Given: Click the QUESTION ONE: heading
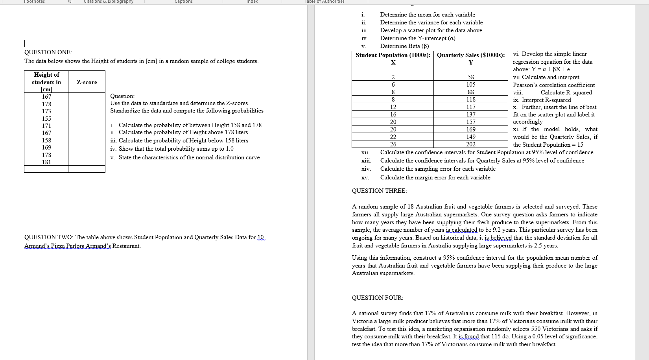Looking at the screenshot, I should click(x=48, y=52).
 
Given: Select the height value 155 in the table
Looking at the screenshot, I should click(x=46, y=118).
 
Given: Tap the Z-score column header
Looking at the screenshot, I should click(x=87, y=82).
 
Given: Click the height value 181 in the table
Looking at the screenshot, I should click(x=46, y=162).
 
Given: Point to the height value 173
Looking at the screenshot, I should click(x=46, y=111).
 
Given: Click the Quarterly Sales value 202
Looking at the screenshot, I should click(x=470, y=144).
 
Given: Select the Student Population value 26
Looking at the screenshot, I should click(x=393, y=144).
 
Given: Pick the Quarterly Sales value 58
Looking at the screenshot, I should click(x=470, y=77).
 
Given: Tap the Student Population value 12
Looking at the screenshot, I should click(x=393, y=107).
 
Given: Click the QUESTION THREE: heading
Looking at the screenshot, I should click(x=379, y=191).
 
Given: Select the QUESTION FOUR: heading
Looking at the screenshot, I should click(x=378, y=298).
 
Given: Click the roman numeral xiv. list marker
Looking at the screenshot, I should click(x=366, y=169).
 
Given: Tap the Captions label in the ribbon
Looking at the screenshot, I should click(x=184, y=2).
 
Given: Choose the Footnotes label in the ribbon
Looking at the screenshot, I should click(x=34, y=2).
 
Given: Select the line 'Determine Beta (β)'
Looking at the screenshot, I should click(x=404, y=46).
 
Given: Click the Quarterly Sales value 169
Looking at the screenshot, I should click(x=470, y=129).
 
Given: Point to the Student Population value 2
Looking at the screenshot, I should click(x=393, y=77).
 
